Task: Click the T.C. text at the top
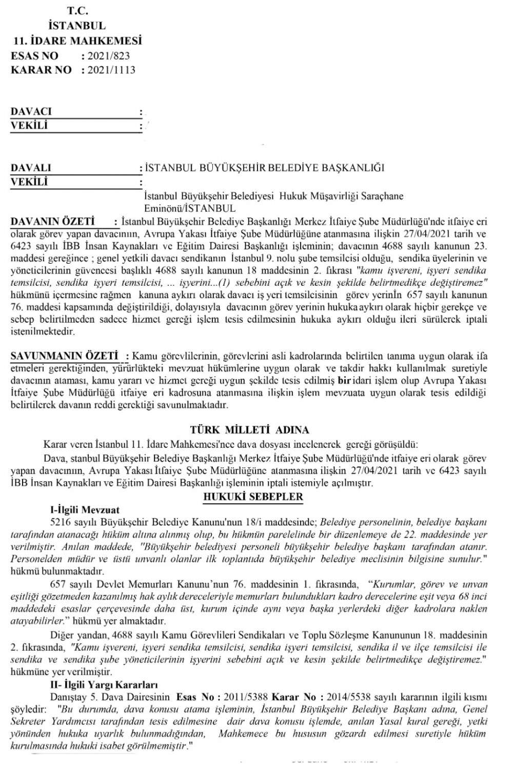click(x=76, y=11)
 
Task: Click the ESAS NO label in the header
click(x=34, y=55)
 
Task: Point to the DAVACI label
click(x=31, y=111)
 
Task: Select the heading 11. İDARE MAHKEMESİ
click(x=77, y=41)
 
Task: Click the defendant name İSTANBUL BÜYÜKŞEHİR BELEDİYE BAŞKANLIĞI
click(x=264, y=168)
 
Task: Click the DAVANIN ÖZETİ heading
click(x=52, y=222)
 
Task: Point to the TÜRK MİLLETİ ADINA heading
click(x=249, y=430)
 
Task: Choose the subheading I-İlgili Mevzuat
click(x=85, y=510)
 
